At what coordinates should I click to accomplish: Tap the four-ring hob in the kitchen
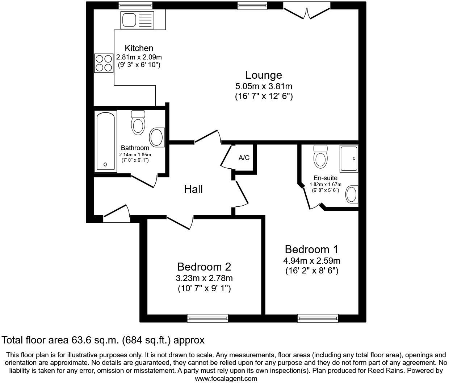click(x=103, y=63)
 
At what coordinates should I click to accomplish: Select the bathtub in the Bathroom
click(x=105, y=141)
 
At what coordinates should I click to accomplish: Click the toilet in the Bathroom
click(x=138, y=123)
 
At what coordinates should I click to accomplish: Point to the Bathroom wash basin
click(x=157, y=137)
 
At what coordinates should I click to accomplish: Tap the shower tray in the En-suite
click(x=349, y=158)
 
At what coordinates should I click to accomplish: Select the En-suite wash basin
click(x=352, y=194)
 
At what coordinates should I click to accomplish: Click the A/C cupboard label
click(x=244, y=158)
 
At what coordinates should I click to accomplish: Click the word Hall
click(x=193, y=189)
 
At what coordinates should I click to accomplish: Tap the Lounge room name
click(x=264, y=75)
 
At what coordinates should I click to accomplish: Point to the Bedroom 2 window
click(x=207, y=318)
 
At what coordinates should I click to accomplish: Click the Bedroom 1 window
click(x=318, y=318)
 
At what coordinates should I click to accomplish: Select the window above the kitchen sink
click(x=136, y=5)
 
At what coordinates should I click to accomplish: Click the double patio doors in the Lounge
click(x=306, y=10)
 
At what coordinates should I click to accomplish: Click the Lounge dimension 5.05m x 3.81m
click(x=264, y=87)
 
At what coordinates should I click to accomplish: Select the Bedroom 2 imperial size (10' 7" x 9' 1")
click(x=204, y=289)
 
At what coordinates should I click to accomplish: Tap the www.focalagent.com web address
click(x=226, y=379)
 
